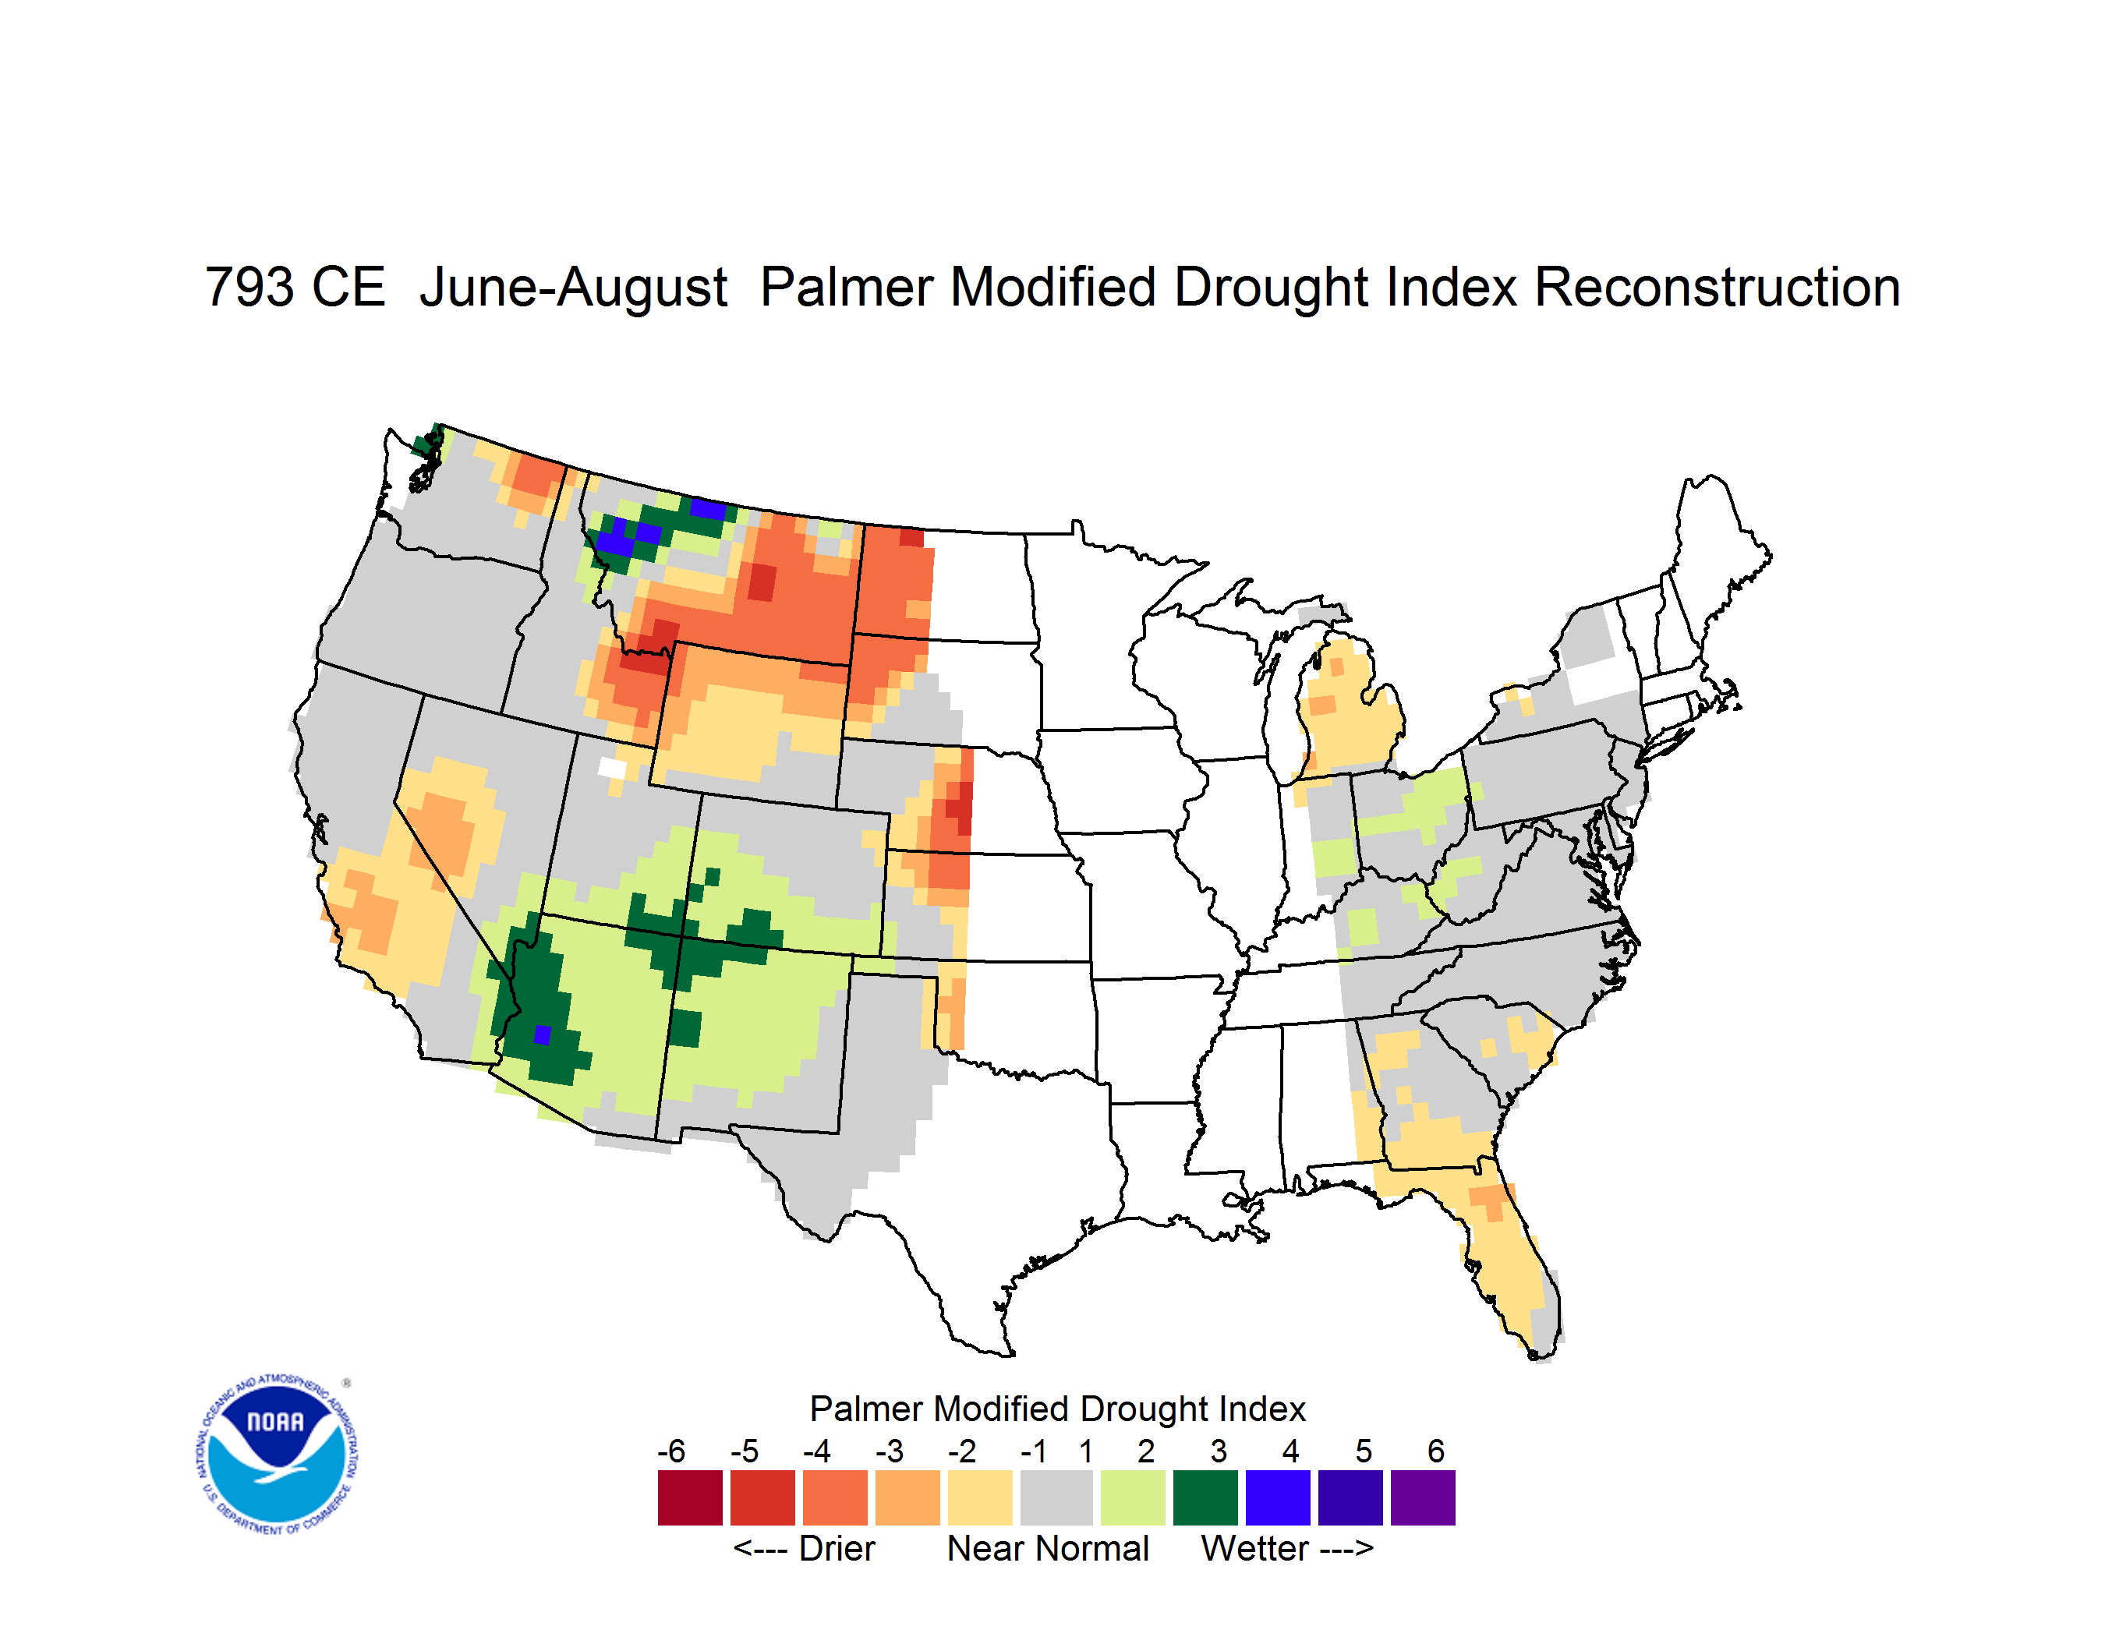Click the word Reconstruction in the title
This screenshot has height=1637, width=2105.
tap(1717, 287)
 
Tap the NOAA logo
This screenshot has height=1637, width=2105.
tap(277, 1455)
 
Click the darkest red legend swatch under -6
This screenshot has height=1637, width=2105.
tap(690, 1497)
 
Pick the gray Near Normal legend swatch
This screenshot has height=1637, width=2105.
tap(1056, 1497)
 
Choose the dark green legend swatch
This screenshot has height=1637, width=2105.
tap(1205, 1497)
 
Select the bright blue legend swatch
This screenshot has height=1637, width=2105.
tap(1278, 1497)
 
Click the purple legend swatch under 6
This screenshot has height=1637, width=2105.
tap(1423, 1497)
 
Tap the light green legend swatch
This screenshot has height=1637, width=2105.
tap(1133, 1497)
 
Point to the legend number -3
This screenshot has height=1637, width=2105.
tap(889, 1451)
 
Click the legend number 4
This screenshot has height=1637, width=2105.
tap(1290, 1451)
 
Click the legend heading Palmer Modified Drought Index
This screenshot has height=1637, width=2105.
tap(1057, 1409)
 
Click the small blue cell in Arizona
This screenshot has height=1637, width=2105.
tap(543, 1034)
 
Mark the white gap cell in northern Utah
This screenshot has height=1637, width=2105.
tap(612, 768)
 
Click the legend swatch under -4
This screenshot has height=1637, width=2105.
tap(835, 1497)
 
